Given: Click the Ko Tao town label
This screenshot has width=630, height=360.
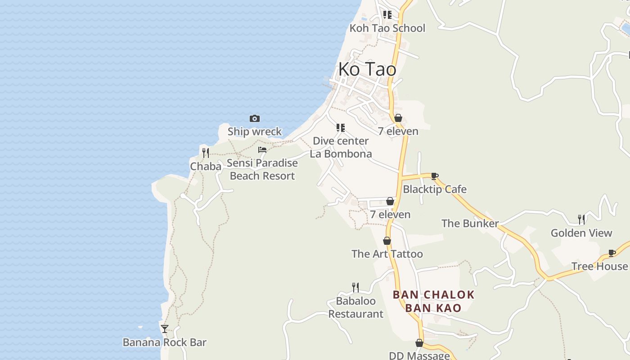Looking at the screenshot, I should click(367, 69).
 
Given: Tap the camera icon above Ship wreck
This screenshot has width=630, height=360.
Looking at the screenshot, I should click(255, 119).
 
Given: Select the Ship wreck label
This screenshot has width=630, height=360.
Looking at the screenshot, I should click(255, 131).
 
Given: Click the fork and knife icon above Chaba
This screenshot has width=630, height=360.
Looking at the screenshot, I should click(206, 153).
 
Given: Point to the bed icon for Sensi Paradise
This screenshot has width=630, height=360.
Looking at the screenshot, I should click(262, 150).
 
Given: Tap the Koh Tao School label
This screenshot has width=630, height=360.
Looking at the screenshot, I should click(387, 28).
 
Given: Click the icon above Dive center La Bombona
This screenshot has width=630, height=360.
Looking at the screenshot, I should click(341, 128).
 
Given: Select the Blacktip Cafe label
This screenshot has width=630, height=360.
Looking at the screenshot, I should click(434, 189).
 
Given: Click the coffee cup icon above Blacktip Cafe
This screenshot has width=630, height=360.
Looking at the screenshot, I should click(434, 176).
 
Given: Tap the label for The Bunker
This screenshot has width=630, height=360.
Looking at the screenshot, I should click(470, 223).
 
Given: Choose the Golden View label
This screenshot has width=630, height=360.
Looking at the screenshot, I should click(581, 233).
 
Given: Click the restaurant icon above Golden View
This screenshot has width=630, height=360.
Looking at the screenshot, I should click(581, 220).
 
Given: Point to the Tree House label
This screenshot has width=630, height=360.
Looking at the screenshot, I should click(599, 266).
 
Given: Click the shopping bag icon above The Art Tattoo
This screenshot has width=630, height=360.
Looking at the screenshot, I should click(387, 241).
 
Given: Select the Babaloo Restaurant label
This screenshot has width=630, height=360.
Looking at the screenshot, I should click(355, 307).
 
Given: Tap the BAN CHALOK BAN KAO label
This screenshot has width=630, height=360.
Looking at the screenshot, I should click(433, 301).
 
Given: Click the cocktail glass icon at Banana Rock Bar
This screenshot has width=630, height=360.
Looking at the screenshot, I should click(165, 329).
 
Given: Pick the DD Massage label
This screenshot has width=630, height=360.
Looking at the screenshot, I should click(419, 355).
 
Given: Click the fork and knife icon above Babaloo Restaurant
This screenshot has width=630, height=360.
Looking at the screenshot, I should click(355, 287).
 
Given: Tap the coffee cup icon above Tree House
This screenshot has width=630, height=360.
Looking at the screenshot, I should click(612, 253).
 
